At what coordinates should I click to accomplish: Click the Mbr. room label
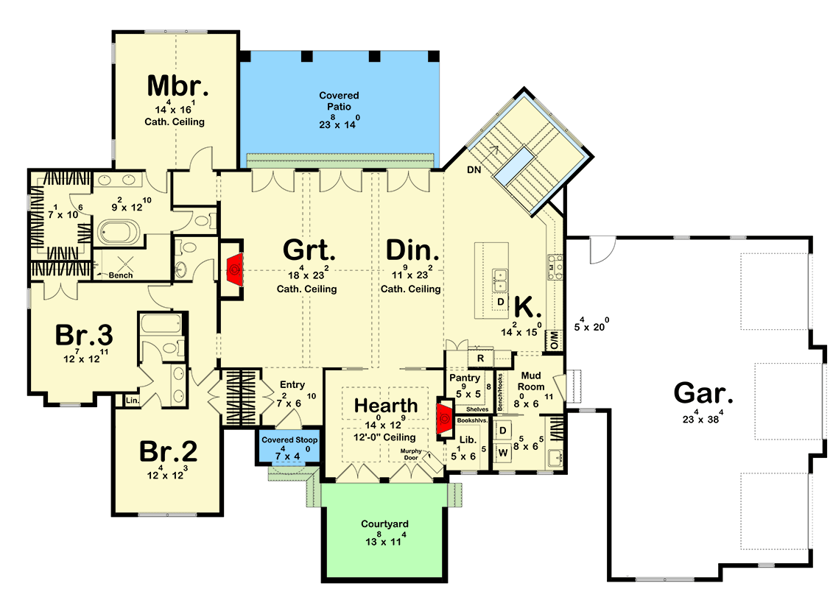[178, 86]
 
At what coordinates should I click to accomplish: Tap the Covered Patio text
[339, 101]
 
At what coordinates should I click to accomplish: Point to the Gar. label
[703, 394]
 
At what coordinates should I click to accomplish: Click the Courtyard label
[384, 524]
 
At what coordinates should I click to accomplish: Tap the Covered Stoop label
[288, 440]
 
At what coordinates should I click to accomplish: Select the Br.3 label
[84, 336]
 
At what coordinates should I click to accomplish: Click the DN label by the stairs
[474, 170]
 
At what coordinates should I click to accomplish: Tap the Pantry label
[465, 378]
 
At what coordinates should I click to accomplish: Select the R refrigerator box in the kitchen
[480, 358]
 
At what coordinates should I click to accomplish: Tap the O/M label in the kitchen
[553, 339]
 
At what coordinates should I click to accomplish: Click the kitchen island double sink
[501, 280]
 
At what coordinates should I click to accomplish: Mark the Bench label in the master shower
[120, 275]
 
